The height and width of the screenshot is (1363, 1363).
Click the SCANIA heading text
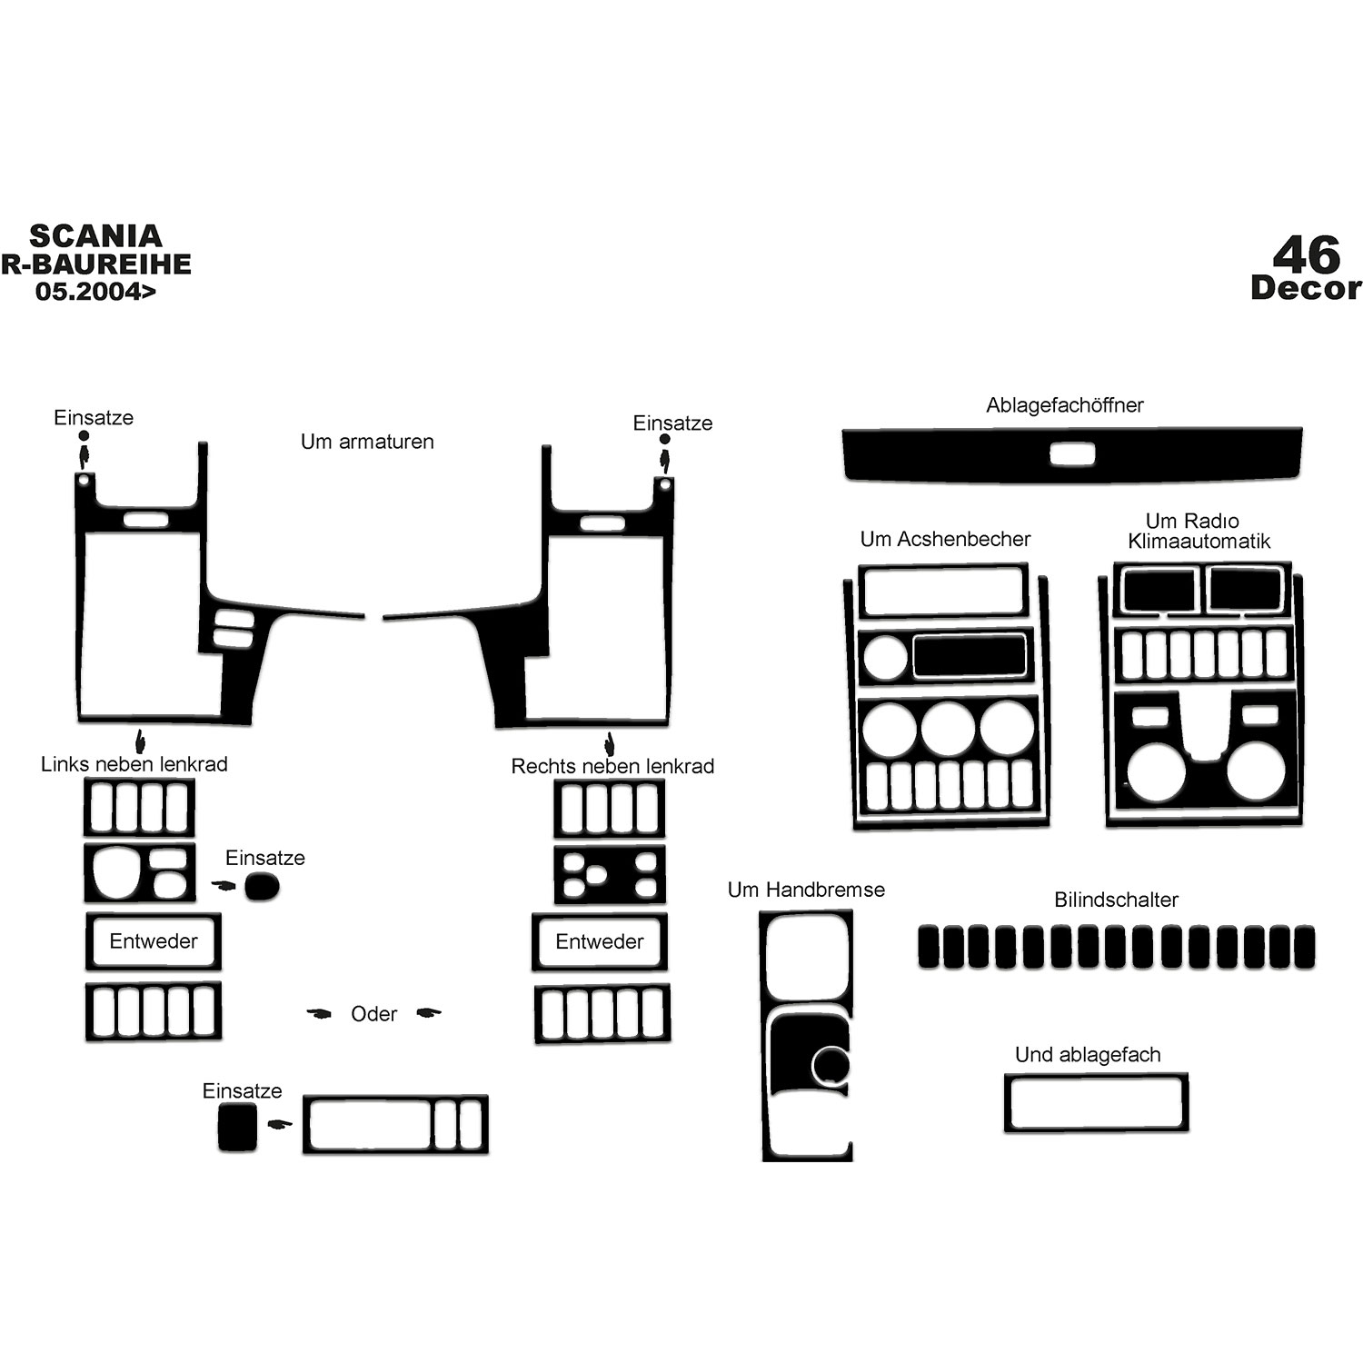(x=95, y=236)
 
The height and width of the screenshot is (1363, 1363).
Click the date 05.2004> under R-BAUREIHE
(x=95, y=292)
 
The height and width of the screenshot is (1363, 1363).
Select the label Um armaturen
(x=367, y=442)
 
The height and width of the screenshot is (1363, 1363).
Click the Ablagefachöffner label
(x=1065, y=405)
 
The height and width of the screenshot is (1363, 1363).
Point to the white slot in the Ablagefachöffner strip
(x=1073, y=454)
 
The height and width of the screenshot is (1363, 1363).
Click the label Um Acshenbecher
(x=945, y=539)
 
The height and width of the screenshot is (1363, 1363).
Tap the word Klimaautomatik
(x=1199, y=542)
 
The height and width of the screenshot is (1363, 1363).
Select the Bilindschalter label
(x=1116, y=900)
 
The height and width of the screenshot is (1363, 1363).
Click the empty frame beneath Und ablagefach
(x=1096, y=1076)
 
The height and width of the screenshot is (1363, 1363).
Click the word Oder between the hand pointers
(x=374, y=1014)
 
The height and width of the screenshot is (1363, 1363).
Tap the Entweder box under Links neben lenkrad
(x=154, y=941)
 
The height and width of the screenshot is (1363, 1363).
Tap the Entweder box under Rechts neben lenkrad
(x=600, y=941)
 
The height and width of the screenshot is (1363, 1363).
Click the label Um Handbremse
(x=806, y=890)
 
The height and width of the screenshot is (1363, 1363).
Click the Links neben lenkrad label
(x=134, y=764)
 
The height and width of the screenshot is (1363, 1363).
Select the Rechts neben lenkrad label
(x=612, y=766)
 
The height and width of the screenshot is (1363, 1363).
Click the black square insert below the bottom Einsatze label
(x=237, y=1128)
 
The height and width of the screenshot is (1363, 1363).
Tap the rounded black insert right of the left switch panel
(x=262, y=886)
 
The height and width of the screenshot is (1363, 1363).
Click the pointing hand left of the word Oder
(x=319, y=1013)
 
